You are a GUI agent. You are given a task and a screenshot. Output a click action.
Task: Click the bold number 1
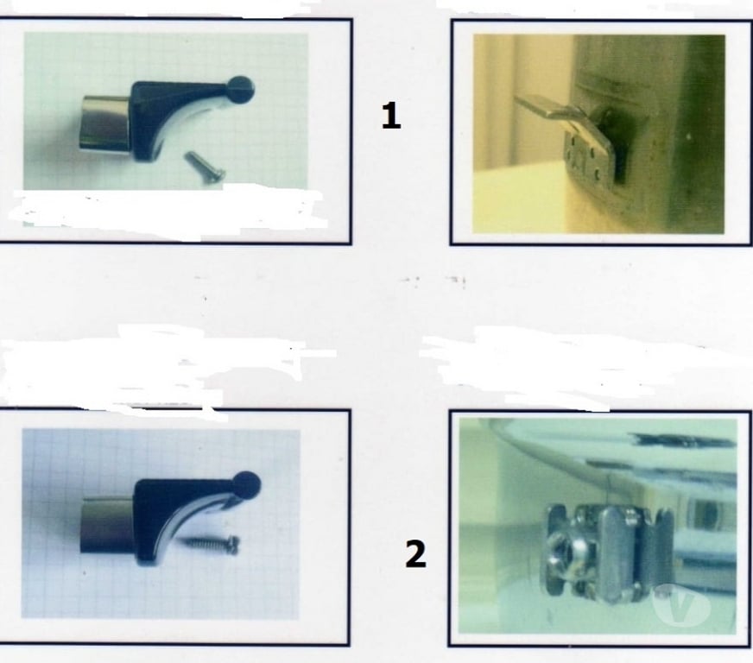point(391,117)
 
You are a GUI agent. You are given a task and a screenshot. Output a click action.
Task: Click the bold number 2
point(415,553)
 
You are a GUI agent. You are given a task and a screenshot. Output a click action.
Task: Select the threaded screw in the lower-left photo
point(212,546)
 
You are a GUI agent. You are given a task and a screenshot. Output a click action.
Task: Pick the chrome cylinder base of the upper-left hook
point(104,123)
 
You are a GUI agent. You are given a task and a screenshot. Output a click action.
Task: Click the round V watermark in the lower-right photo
point(681,606)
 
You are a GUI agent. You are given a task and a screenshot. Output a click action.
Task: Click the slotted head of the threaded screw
point(232,546)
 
